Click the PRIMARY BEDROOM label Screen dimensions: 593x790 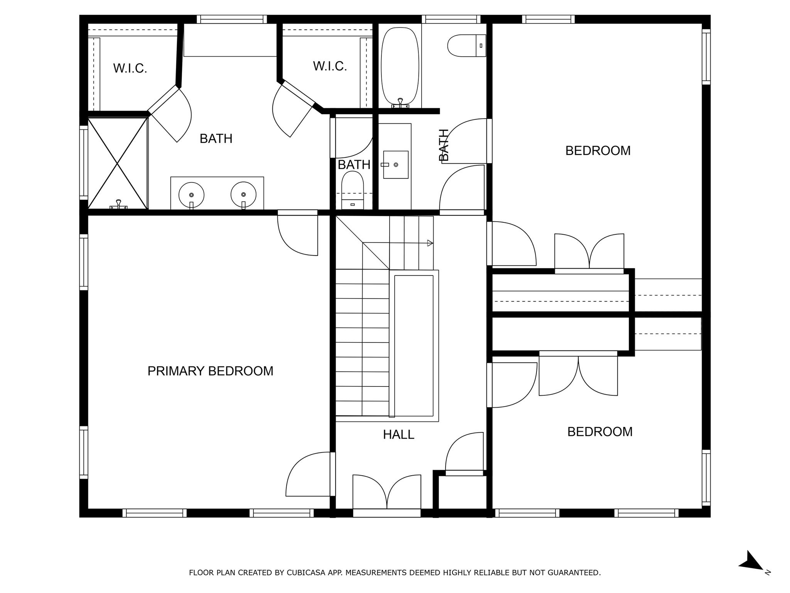coord(210,371)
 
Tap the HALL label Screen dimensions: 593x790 coord(398,435)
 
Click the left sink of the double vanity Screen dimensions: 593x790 coord(191,195)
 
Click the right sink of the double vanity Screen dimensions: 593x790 coord(243,194)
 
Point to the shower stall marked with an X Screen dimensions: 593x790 coord(118,163)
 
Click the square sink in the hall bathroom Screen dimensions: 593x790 coord(396,164)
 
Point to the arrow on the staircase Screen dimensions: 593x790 coord(430,243)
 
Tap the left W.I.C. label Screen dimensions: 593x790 coord(130,68)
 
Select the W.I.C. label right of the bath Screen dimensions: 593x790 coord(330,66)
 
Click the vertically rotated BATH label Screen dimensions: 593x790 coord(444,145)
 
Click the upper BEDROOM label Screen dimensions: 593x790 coord(598,151)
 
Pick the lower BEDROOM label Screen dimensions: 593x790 coord(600,432)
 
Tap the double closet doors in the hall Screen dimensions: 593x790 coord(387,492)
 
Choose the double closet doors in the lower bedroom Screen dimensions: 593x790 coord(578,375)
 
